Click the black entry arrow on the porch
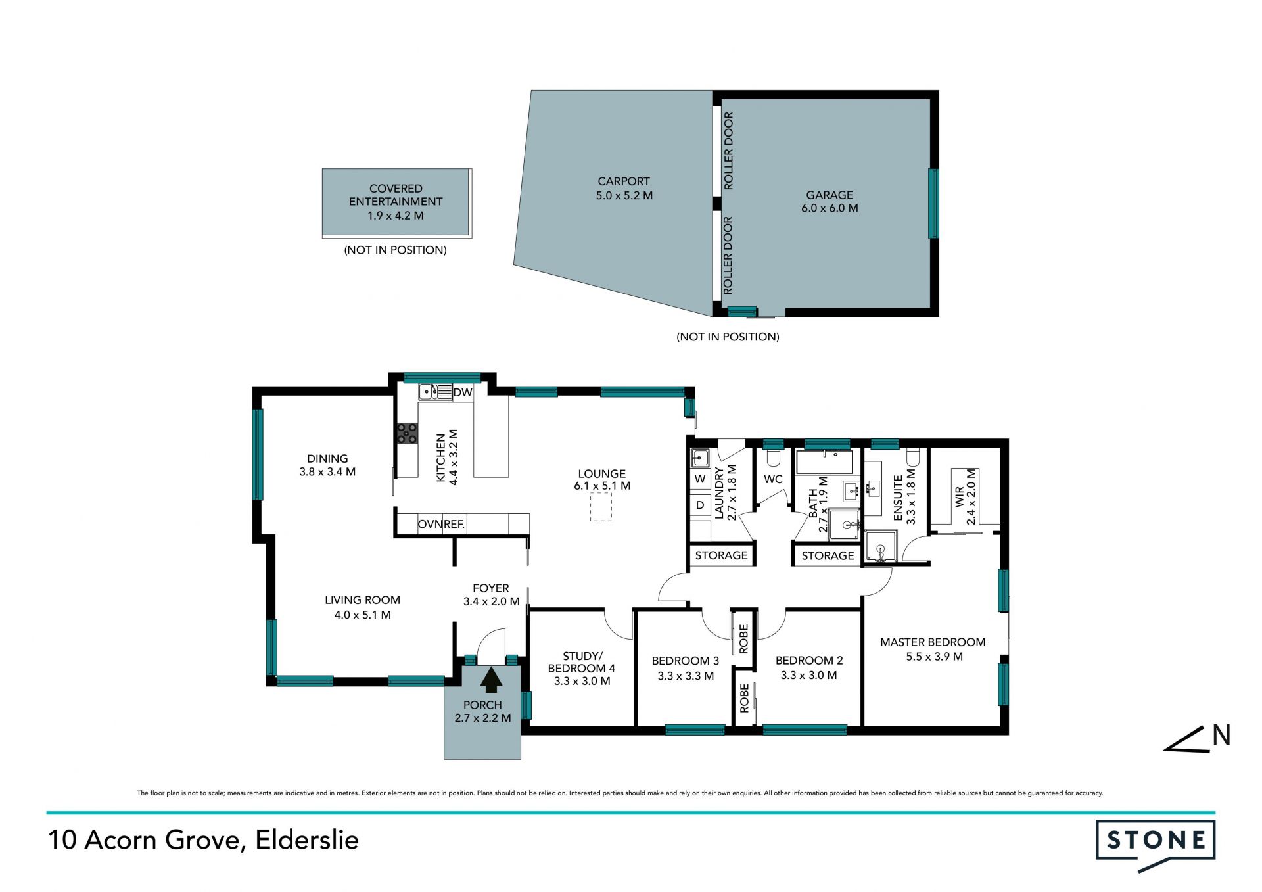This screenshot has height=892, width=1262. pyautogui.click(x=491, y=680)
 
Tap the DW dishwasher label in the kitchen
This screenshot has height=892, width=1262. pyautogui.click(x=463, y=392)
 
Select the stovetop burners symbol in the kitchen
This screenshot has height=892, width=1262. pyautogui.click(x=407, y=433)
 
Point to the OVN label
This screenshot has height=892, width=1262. pyautogui.click(x=430, y=524)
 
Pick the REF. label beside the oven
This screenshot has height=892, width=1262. pyautogui.click(x=454, y=524)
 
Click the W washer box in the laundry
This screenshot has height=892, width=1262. pyautogui.click(x=700, y=479)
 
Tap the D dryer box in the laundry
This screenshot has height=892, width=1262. pyautogui.click(x=700, y=505)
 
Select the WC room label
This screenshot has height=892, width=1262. pyautogui.click(x=773, y=479)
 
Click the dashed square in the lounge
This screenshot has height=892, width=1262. pyautogui.click(x=601, y=507)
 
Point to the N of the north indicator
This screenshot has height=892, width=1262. pyautogui.click(x=1221, y=736)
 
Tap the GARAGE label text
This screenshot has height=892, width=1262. pyautogui.click(x=830, y=195)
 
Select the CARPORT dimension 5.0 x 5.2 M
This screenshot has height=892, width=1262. pyautogui.click(x=624, y=195)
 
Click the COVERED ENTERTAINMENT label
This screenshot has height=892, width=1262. pyautogui.click(x=396, y=195)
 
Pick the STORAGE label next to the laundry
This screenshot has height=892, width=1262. pyautogui.click(x=721, y=555)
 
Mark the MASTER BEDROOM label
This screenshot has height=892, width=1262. pyautogui.click(x=933, y=642)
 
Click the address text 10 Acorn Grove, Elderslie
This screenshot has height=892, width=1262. pyautogui.click(x=203, y=840)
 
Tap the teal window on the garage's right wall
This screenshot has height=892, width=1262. pyautogui.click(x=933, y=203)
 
